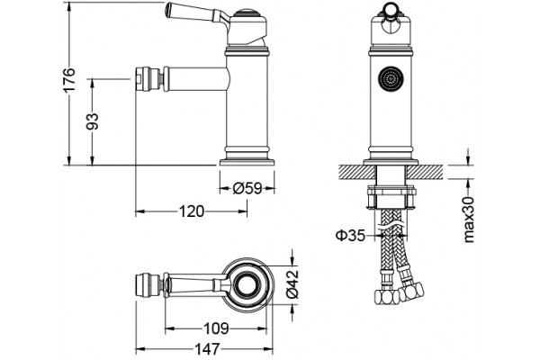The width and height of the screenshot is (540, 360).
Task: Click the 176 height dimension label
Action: [69, 80]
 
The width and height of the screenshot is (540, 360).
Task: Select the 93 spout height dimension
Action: [93, 121]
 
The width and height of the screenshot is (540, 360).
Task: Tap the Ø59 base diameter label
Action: [247, 188]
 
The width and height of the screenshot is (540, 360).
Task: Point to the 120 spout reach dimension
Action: [192, 211]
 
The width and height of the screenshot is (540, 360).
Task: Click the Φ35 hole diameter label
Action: [350, 236]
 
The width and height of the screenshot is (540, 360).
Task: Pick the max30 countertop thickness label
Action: [469, 220]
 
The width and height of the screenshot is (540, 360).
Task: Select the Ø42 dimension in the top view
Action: [292, 284]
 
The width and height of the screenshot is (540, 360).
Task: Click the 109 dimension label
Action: [216, 328]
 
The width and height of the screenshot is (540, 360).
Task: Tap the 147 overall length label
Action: [207, 349]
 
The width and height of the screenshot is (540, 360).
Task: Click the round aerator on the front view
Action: [391, 79]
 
